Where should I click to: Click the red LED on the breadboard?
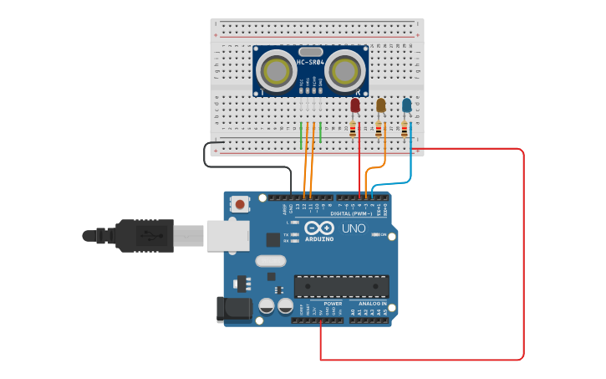pyautogui.click(x=355, y=106)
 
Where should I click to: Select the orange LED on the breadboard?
pyautogui.click(x=381, y=105)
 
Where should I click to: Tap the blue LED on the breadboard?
pyautogui.click(x=407, y=105)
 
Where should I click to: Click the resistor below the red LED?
pyautogui.click(x=354, y=130)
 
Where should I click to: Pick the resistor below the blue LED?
pyautogui.click(x=405, y=130)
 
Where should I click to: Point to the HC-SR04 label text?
pyautogui.click(x=311, y=62)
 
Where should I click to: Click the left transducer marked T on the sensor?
pyautogui.click(x=275, y=71)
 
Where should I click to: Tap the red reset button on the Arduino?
pyautogui.click(x=241, y=203)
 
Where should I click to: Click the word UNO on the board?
pyautogui.click(x=354, y=228)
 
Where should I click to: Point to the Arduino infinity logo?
pyautogui.click(x=318, y=228)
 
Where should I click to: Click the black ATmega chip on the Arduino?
pyautogui.click(x=341, y=286)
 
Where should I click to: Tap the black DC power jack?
pyautogui.click(x=234, y=309)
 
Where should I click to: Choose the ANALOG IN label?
pyautogui.click(x=372, y=304)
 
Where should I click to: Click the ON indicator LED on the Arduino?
pyautogui.click(x=374, y=234)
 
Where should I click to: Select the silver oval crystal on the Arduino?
pyautogui.click(x=266, y=261)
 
